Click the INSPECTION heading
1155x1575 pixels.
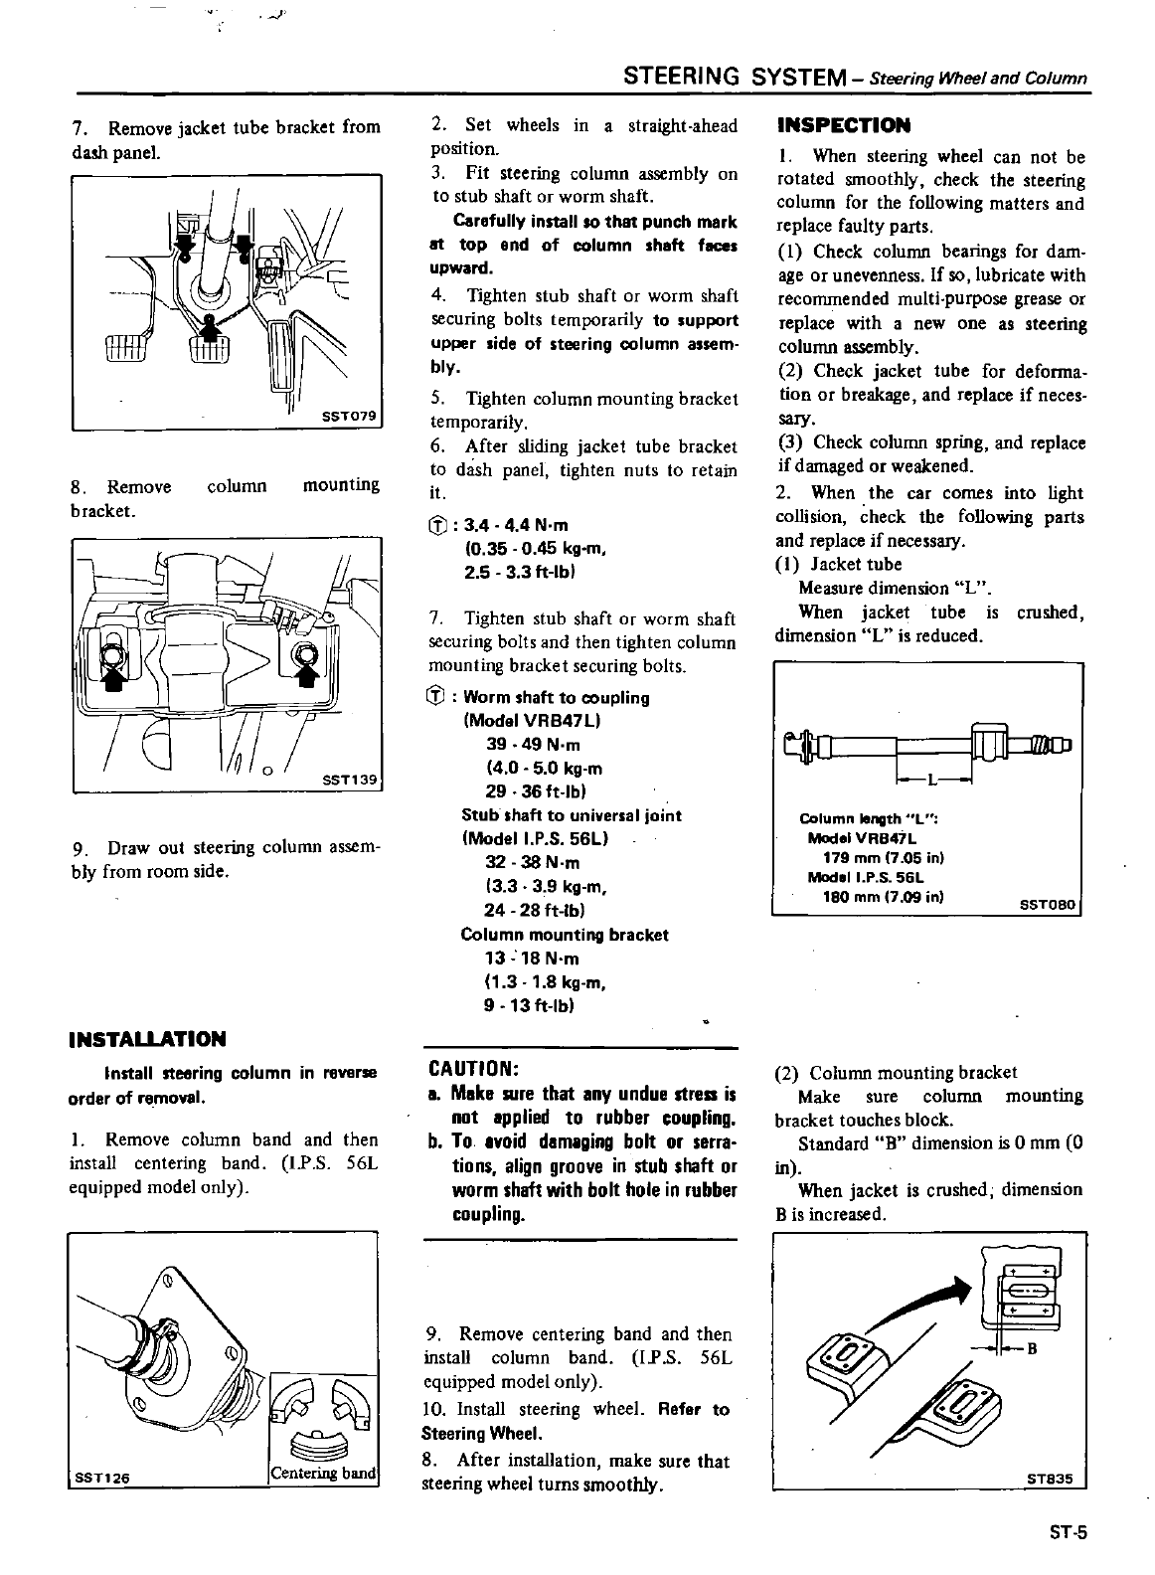point(843,125)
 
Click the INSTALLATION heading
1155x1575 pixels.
point(147,1039)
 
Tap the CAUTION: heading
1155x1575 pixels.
point(473,1069)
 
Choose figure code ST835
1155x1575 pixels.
point(1051,1478)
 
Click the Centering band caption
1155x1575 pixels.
point(324,1473)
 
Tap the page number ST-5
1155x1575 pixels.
point(1068,1532)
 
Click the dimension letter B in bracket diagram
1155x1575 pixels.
point(1031,1349)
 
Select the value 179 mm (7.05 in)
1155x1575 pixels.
point(884,857)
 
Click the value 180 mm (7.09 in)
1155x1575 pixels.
point(884,896)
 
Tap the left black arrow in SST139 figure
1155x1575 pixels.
point(113,676)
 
